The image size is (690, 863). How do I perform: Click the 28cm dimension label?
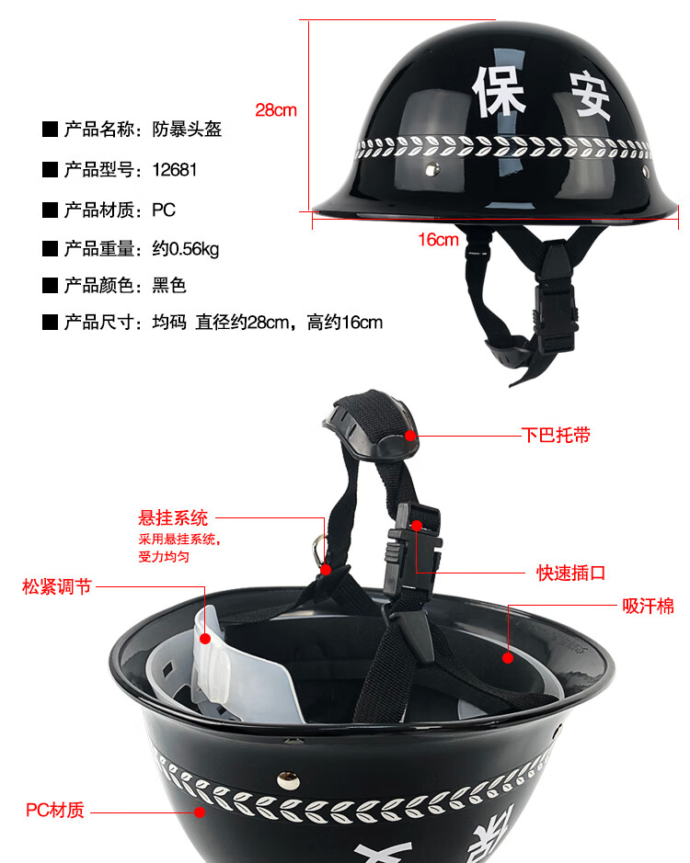pos(276,110)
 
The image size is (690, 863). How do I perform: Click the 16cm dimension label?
pos(438,240)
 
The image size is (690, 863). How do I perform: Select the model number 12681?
pos(174,169)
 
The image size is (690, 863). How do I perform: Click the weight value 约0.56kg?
pos(186,249)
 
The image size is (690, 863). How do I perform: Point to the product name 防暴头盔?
pos(187,130)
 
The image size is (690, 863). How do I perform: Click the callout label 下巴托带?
pos(556,436)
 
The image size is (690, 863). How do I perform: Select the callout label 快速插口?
pos(571,573)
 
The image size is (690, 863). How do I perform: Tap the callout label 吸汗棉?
pos(648,606)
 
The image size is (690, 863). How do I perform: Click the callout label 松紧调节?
pos(57,586)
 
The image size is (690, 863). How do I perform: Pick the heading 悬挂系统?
pos(173,518)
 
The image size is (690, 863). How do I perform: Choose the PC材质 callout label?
pos(55,811)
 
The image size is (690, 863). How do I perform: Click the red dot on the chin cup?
pos(410,436)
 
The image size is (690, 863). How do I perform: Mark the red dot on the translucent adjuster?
pos(205,639)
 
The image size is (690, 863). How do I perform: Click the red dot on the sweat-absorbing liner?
pos(508,657)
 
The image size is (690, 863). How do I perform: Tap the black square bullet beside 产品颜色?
pos(51,286)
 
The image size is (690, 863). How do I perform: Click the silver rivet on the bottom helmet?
pos(288,778)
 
